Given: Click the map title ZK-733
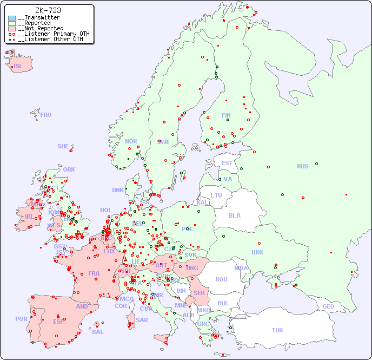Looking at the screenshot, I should (x=48, y=10).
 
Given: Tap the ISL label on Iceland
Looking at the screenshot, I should (x=18, y=67).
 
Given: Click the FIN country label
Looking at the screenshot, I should (x=226, y=115).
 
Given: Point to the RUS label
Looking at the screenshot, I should (x=302, y=166).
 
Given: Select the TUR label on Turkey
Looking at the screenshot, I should (x=277, y=330).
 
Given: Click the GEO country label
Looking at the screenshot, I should (x=328, y=306).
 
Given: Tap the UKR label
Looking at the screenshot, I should (x=257, y=252).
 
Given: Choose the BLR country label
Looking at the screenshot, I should (x=234, y=215).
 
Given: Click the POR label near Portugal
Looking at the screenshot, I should (x=21, y=319).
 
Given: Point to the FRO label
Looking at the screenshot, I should (x=46, y=115).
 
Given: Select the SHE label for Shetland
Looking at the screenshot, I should (x=63, y=146).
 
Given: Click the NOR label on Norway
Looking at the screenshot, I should (x=131, y=141).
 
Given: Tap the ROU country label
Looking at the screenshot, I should (x=221, y=279).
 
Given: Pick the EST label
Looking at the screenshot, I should (x=227, y=163).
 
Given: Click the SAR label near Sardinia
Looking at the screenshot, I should (x=142, y=320).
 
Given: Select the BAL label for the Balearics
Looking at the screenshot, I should (x=98, y=332).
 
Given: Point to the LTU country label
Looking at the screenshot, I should (x=216, y=195).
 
